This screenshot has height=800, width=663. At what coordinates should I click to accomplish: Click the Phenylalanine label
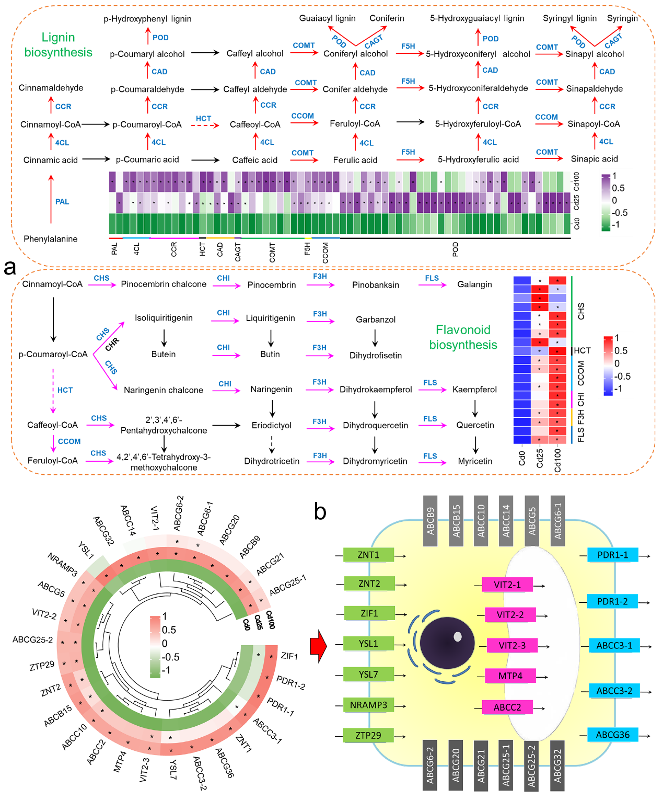point(51,239)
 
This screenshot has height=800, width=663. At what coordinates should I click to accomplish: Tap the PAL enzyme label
point(62,201)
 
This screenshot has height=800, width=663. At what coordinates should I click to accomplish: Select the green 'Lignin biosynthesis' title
point(59,45)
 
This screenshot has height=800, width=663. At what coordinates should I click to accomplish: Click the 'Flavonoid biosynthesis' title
point(463,337)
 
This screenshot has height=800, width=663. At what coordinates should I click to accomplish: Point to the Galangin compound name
point(474,284)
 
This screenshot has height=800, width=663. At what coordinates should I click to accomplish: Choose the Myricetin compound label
point(475,461)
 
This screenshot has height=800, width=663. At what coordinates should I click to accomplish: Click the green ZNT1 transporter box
point(368,555)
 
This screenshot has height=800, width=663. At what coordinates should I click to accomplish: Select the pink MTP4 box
point(510,676)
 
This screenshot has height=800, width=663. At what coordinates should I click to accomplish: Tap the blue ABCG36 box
point(613,735)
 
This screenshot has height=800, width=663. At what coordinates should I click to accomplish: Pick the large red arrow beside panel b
point(318,646)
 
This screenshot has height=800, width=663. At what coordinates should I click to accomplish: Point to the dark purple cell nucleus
point(447,643)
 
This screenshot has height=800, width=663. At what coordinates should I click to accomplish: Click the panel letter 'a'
point(10,267)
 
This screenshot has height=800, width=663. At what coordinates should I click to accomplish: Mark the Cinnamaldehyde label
point(51,88)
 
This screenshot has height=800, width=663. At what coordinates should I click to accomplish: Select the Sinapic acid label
point(594,159)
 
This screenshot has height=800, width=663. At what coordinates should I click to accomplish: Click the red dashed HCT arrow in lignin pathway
point(204,125)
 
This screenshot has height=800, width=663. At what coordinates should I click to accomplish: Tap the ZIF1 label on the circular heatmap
point(289,656)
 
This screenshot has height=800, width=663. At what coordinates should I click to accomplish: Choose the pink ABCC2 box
point(507,707)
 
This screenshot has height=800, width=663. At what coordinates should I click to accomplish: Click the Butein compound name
point(164,355)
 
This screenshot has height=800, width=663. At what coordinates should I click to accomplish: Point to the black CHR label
point(112,344)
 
